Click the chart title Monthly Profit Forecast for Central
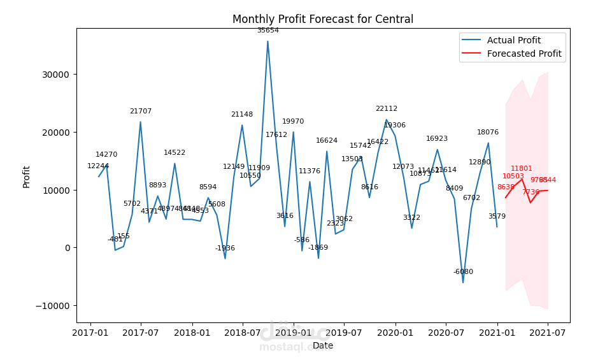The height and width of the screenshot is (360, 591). (x=322, y=19)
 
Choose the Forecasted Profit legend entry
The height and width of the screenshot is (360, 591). (x=524, y=54)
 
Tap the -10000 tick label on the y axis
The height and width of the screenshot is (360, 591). (x=52, y=306)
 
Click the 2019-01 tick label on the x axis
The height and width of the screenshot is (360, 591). (x=293, y=333)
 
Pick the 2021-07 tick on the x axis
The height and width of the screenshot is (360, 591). (x=548, y=333)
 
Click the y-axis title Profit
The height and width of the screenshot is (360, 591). (x=27, y=176)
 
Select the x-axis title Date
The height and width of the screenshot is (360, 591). (x=322, y=346)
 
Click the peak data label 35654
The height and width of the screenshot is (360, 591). (x=267, y=30)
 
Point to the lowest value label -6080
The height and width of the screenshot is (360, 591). (x=463, y=272)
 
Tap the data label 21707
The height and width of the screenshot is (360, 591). (x=141, y=112)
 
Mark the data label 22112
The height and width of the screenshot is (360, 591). (x=386, y=109)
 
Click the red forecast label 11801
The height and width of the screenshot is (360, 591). (x=522, y=169)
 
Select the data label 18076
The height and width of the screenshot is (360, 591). (x=488, y=133)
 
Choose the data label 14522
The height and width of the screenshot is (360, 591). (x=174, y=153)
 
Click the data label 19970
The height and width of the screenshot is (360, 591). (x=293, y=122)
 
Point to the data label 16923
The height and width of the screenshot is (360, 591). (x=437, y=139)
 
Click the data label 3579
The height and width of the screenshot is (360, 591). (x=497, y=217)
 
